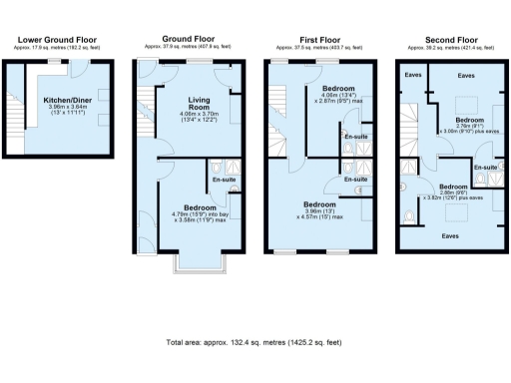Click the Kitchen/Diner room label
[66, 100]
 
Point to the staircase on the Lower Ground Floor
[14, 110]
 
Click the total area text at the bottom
[255, 342]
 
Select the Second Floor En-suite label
[484, 167]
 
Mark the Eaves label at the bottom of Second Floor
[450, 235]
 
